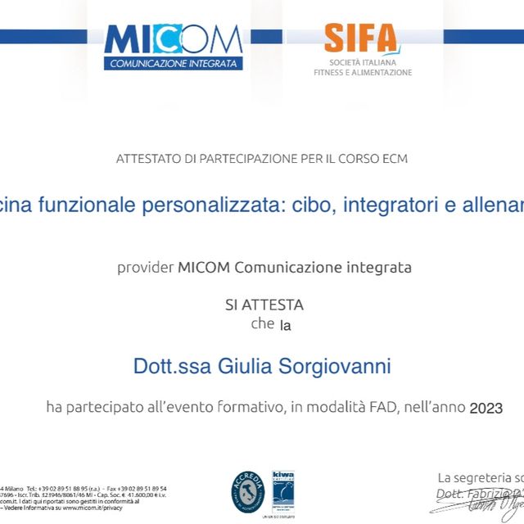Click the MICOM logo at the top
pyautogui.click(x=174, y=40)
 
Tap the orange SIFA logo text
pyautogui.click(x=359, y=38)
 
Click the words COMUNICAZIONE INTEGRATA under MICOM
pyautogui.click(x=174, y=63)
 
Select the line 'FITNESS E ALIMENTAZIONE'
pyautogui.click(x=363, y=73)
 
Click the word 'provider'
pyautogui.click(x=145, y=267)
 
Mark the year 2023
pyautogui.click(x=486, y=407)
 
